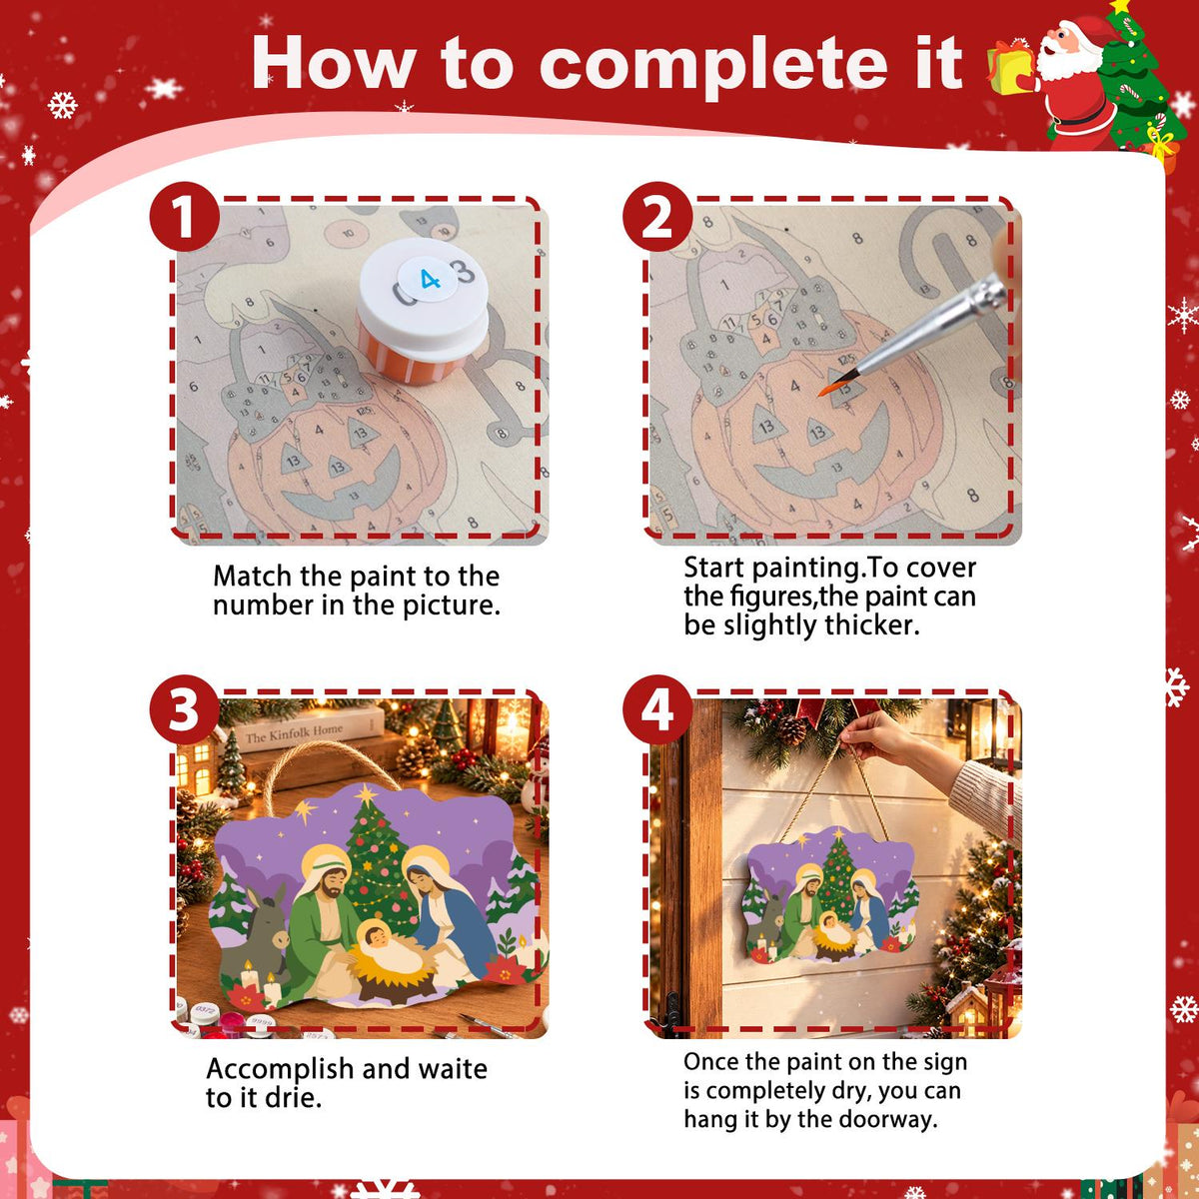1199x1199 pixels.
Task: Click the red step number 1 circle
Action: point(184,217)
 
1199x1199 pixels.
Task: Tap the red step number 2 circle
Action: point(657,217)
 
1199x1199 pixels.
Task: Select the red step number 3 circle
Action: point(184,709)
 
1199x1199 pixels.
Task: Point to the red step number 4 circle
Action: point(657,709)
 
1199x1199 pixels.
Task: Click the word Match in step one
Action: point(253,577)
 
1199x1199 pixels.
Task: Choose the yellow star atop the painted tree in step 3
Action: point(366,793)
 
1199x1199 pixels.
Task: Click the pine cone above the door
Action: point(791,729)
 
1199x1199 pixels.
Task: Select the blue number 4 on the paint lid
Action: point(430,280)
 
